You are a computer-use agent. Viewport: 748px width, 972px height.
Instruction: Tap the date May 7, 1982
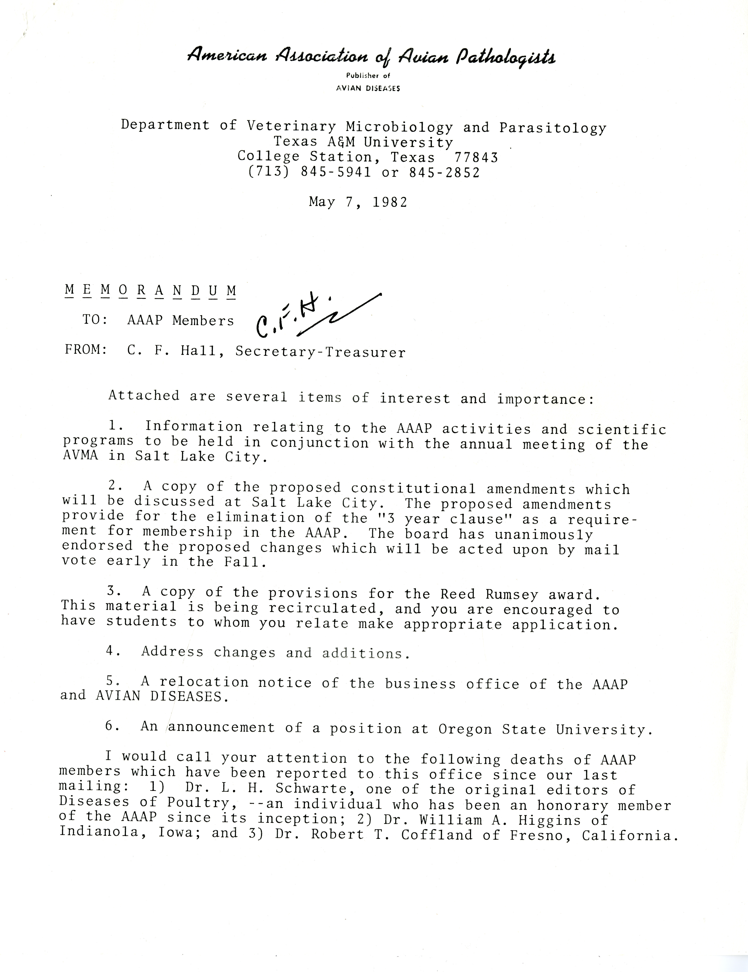[358, 202]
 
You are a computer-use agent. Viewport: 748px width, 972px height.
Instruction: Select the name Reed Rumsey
[489, 594]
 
